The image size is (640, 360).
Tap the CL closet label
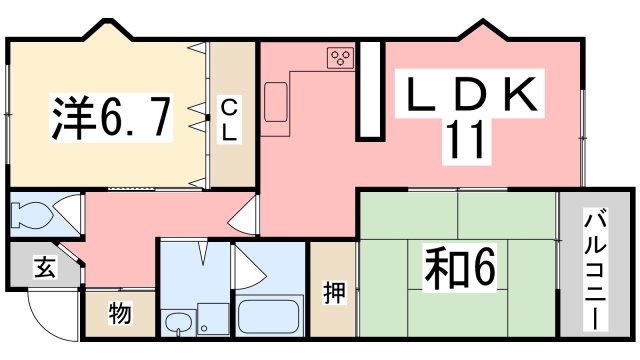(x=228, y=119)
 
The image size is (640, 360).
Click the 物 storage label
(x=119, y=314)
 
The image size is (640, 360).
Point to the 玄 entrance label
(x=44, y=268)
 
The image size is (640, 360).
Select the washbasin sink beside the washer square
(x=178, y=322)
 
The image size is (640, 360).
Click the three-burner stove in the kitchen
(x=340, y=57)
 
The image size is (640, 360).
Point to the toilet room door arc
(x=68, y=213)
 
